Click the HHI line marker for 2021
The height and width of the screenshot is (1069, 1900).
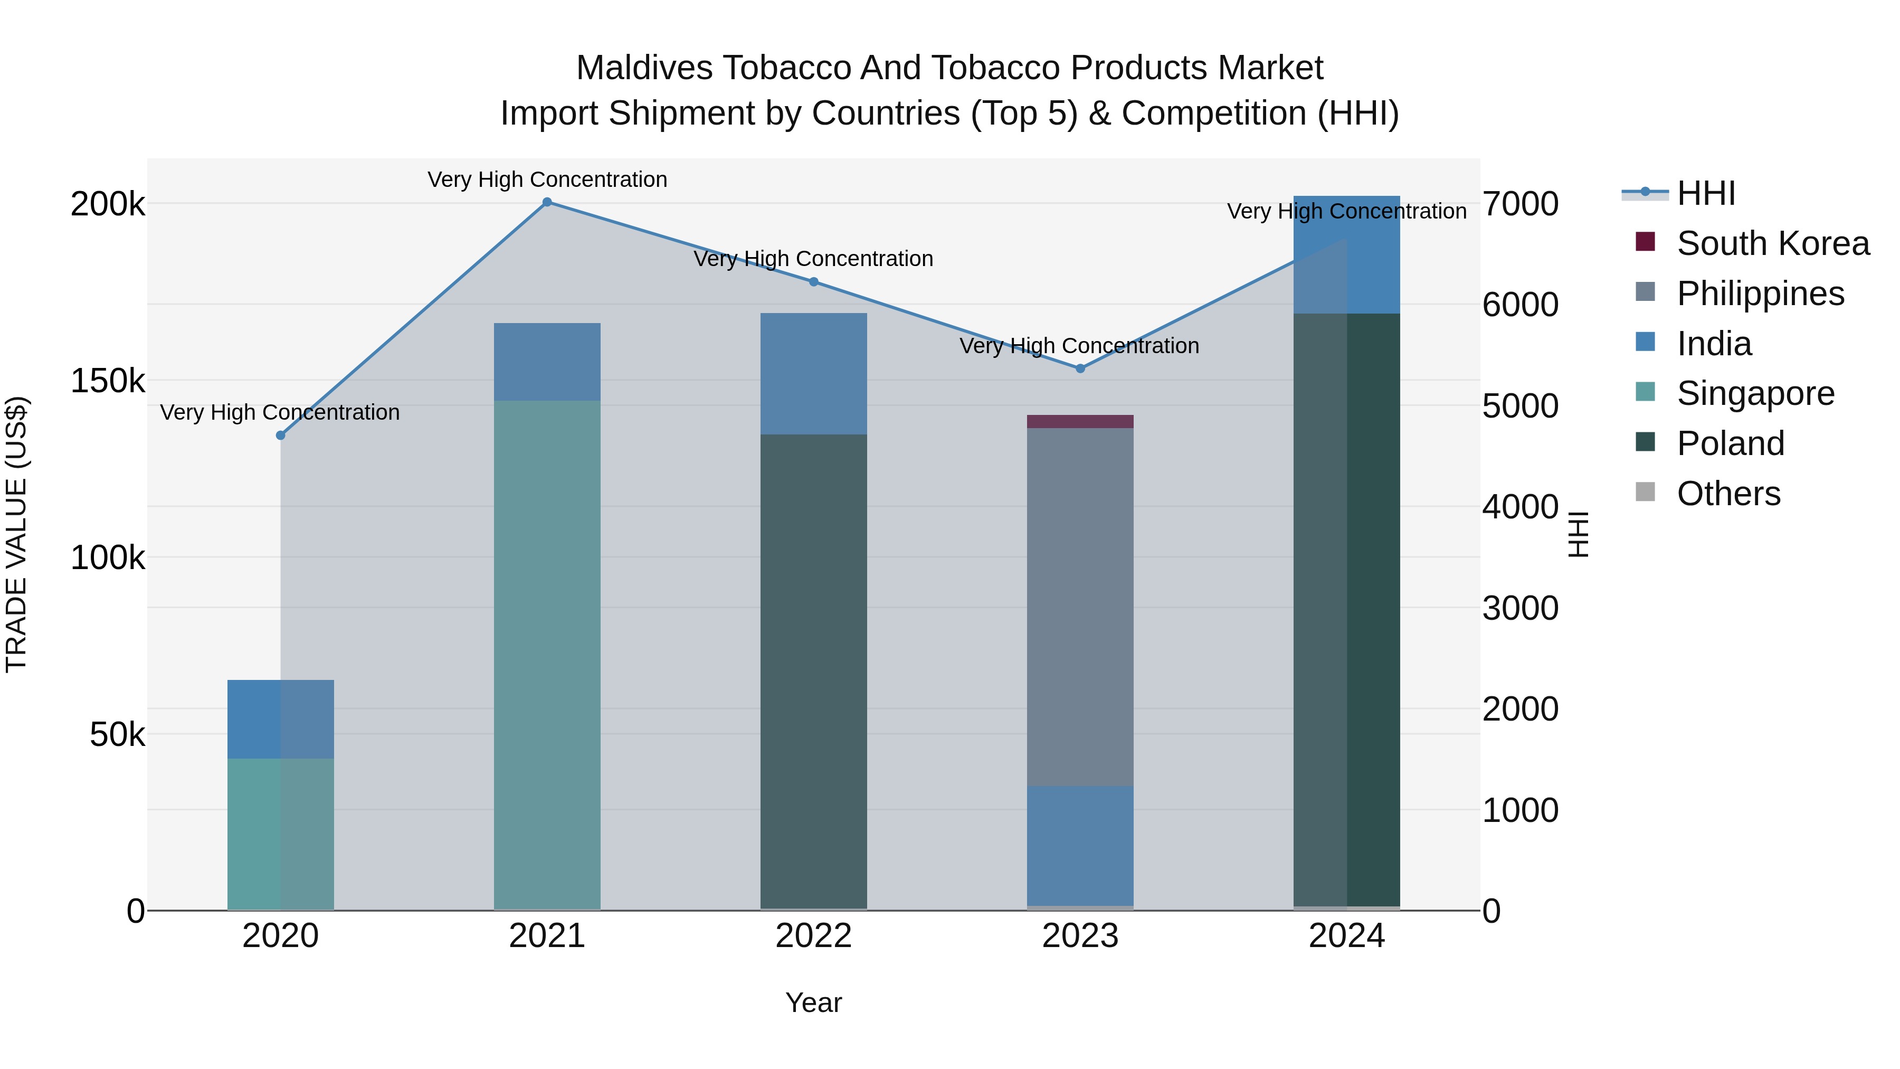click(547, 202)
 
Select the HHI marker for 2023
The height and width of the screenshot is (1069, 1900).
click(1080, 368)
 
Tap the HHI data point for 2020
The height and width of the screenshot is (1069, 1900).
click(280, 436)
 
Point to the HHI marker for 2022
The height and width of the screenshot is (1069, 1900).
click(813, 282)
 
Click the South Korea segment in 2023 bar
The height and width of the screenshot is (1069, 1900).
click(1080, 421)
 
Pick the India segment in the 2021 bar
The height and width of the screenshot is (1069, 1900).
click(547, 362)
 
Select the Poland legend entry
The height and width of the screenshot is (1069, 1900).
click(1730, 443)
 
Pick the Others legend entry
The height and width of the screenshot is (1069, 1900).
click(1728, 494)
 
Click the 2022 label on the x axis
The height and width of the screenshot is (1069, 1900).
click(813, 936)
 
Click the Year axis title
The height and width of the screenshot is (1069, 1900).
click(813, 1002)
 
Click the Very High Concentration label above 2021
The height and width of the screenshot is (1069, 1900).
click(547, 179)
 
